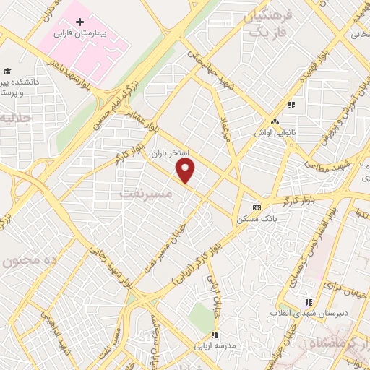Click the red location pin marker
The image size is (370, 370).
coord(186,171)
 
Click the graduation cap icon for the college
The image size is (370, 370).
coord(7,71)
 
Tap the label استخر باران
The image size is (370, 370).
coord(169,154)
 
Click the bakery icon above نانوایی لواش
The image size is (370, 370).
coord(275,121)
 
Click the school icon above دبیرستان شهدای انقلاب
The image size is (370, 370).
coord(309,302)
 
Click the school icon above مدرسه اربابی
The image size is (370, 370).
coord(215,335)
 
